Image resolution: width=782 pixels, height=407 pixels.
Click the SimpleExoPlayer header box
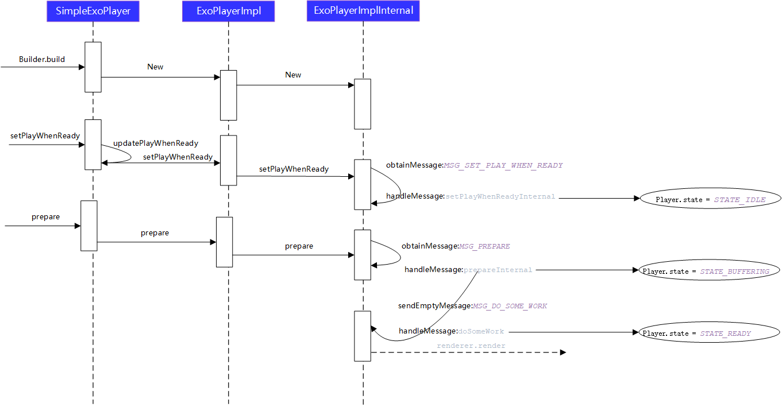[93, 11]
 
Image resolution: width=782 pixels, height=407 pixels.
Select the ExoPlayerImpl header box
[229, 11]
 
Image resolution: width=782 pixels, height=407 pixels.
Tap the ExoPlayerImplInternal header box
[363, 11]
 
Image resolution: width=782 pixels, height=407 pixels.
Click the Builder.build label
[42, 59]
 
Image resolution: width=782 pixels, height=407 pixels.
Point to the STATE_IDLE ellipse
[710, 199]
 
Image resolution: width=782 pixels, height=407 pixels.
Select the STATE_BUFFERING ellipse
[706, 271]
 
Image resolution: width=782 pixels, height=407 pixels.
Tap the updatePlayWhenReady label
[156, 143]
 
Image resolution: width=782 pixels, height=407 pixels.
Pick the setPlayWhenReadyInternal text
[500, 196]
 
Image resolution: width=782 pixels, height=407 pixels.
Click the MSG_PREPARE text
[484, 246]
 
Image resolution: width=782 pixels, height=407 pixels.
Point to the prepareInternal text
[498, 270]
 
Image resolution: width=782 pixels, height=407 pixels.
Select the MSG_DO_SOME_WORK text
[510, 306]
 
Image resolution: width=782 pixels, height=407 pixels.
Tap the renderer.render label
[471, 346]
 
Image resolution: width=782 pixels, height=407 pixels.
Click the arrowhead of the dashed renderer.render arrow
[563, 352]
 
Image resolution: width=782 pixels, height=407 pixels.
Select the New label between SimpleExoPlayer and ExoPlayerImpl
[155, 67]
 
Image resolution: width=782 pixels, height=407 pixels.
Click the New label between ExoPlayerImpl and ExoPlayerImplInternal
[293, 75]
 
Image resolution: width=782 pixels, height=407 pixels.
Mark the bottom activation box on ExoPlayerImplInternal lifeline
[363, 336]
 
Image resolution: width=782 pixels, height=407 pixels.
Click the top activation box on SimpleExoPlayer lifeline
[93, 67]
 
